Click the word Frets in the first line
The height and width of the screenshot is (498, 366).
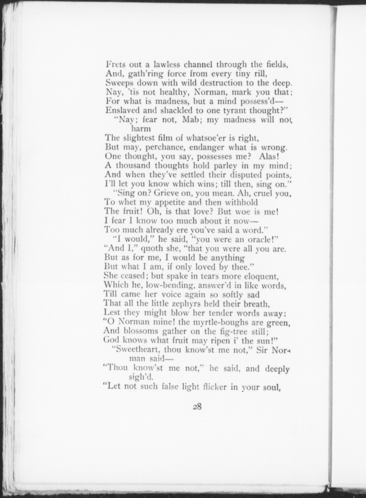(115, 64)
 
